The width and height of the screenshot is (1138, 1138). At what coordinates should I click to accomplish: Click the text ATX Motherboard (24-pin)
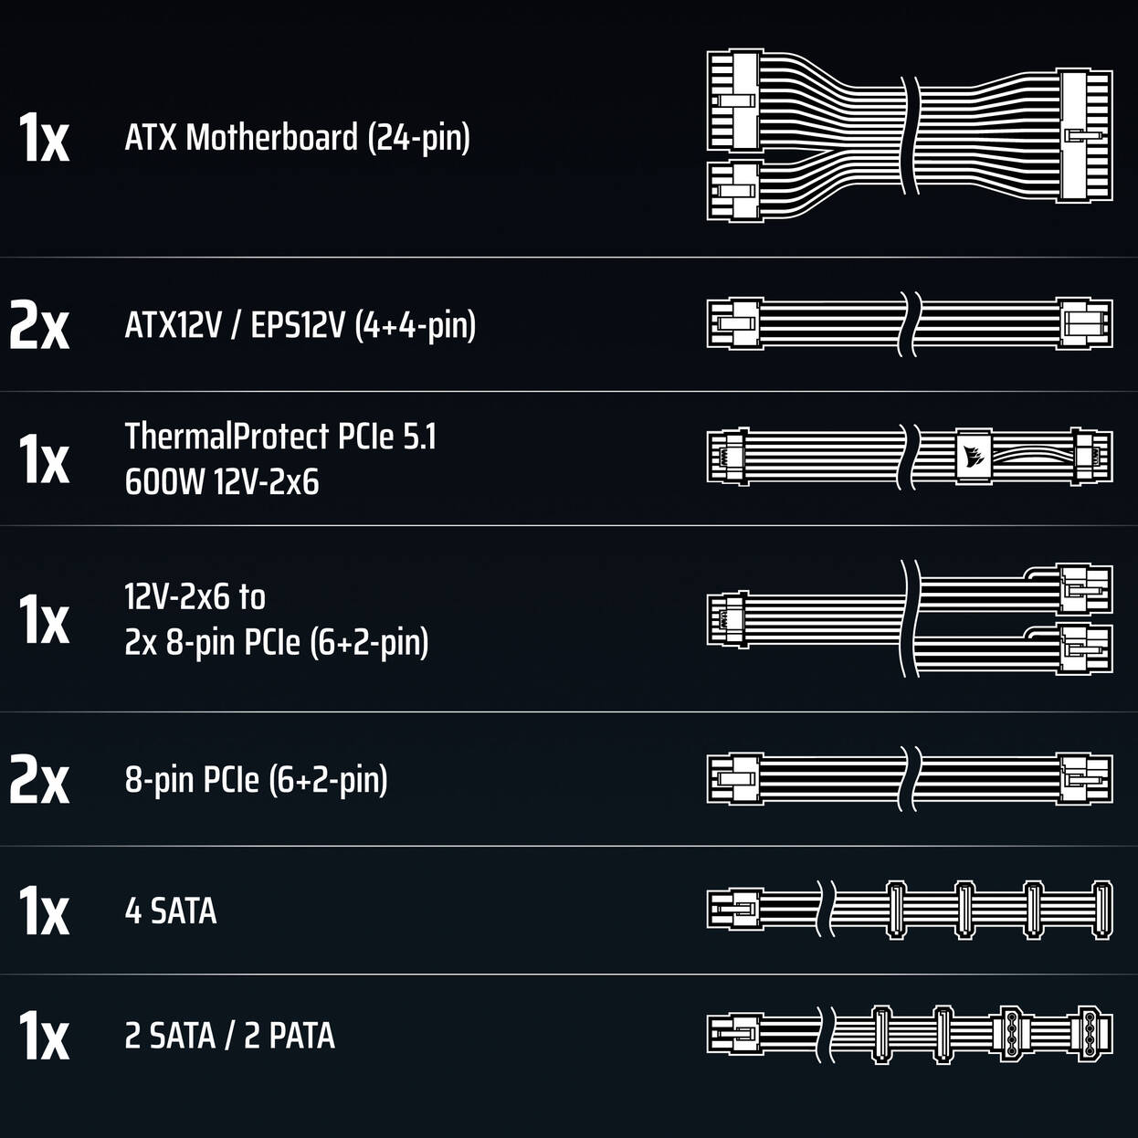[x=297, y=138]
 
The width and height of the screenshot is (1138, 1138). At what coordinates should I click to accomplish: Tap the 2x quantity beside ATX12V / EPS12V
[x=39, y=325]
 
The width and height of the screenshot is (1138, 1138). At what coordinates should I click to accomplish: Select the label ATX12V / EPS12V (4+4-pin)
[x=300, y=325]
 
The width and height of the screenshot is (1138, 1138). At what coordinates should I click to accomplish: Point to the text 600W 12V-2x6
[x=221, y=481]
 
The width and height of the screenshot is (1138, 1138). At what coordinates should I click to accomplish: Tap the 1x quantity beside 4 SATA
[x=44, y=911]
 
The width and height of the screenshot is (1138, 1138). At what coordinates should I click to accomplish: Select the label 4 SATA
[x=171, y=911]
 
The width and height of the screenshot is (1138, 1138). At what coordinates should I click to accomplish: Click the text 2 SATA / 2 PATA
[x=230, y=1035]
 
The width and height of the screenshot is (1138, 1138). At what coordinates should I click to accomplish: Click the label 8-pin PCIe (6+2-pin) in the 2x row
[x=257, y=780]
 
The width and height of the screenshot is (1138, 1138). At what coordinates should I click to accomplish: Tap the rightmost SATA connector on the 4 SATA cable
[x=1102, y=910]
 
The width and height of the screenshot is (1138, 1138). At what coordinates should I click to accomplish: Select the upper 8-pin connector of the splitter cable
[x=1086, y=589]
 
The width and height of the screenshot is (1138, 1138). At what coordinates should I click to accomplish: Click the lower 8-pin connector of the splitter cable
[x=1086, y=649]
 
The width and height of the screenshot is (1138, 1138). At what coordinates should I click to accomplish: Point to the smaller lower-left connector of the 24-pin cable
[x=733, y=190]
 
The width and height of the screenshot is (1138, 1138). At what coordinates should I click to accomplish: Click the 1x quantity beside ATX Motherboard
[x=44, y=138]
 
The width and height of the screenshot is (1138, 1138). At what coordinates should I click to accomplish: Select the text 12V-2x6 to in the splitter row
[x=195, y=597]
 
